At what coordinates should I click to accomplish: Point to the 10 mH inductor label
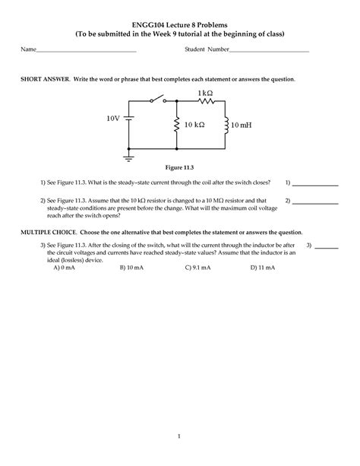coord(245,124)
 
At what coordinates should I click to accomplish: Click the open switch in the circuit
coord(158,100)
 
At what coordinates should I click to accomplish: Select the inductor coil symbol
coord(227,124)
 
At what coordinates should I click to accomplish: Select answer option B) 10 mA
coord(132,268)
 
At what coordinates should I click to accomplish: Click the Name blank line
coord(86,51)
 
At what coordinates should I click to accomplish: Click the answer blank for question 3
coord(327,247)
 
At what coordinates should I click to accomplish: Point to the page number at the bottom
coord(180,436)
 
